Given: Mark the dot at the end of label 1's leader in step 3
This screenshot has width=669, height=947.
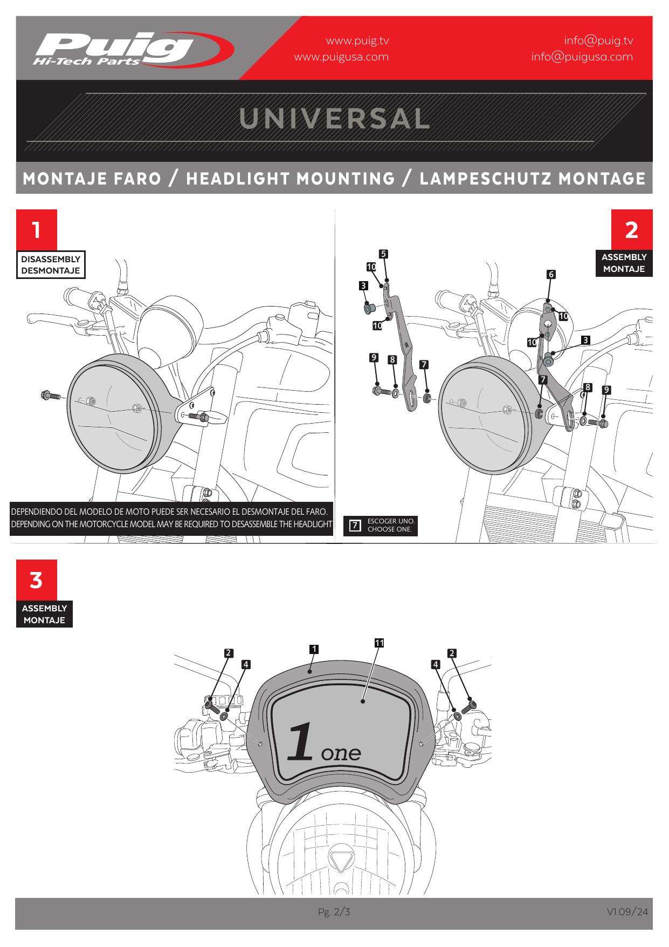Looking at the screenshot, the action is [x=309, y=672].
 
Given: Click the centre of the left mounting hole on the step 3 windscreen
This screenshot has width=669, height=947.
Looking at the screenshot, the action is [x=261, y=744].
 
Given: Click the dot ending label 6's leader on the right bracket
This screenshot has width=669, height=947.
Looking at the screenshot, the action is [x=547, y=301].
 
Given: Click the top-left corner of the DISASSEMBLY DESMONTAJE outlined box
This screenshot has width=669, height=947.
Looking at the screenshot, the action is [x=17, y=251].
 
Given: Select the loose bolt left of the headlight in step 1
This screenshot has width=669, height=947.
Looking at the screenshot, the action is [x=51, y=396].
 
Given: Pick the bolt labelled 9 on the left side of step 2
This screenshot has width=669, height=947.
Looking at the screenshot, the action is [x=381, y=390].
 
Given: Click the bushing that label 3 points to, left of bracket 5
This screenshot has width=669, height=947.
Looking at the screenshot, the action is [x=370, y=308].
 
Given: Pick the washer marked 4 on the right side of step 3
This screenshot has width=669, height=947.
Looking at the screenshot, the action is [x=457, y=716].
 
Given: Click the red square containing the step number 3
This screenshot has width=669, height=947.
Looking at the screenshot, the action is [x=36, y=580].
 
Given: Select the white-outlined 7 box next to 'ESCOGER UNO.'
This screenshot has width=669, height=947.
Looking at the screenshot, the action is [x=355, y=525].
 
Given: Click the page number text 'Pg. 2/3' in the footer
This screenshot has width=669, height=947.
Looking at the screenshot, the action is [x=334, y=912].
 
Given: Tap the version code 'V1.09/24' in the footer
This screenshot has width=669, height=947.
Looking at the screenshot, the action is [x=627, y=912].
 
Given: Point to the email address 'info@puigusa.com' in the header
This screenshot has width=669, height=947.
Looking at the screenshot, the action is [x=582, y=57].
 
